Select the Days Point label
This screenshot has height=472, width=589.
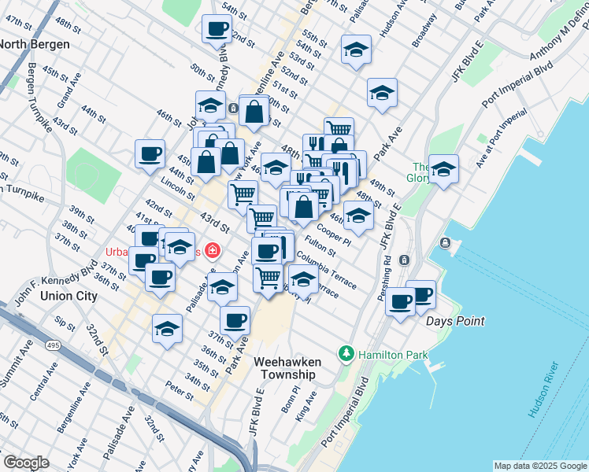point(455,321)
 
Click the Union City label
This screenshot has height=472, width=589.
point(69,296)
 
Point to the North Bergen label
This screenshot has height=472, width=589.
point(33,44)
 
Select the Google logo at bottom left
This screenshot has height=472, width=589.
point(25,463)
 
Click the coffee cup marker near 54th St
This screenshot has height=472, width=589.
point(217,30)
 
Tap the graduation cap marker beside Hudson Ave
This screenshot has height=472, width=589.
point(357,50)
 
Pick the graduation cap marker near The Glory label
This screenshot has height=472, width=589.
point(443,169)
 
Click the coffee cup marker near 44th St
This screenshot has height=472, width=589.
point(150,154)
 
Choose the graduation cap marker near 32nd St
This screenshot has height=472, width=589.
point(167,329)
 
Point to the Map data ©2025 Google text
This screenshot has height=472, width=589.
point(540,466)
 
